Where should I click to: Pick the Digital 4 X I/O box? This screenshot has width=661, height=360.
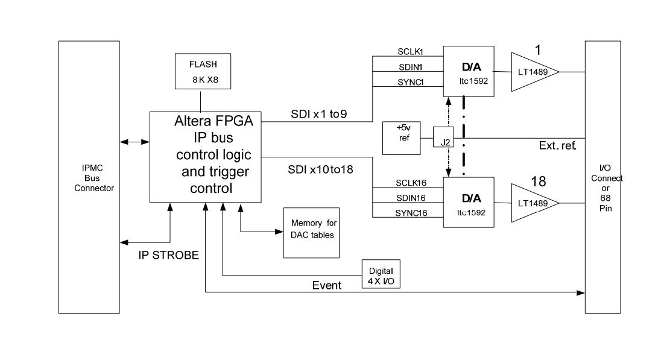[381, 274]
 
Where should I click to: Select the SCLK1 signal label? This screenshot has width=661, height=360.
[410, 52]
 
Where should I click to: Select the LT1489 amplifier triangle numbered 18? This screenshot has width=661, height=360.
[533, 203]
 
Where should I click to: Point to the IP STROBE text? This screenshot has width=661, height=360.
[169, 255]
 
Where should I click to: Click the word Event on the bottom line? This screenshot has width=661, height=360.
[326, 285]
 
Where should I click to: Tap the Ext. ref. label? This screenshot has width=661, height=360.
[557, 145]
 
